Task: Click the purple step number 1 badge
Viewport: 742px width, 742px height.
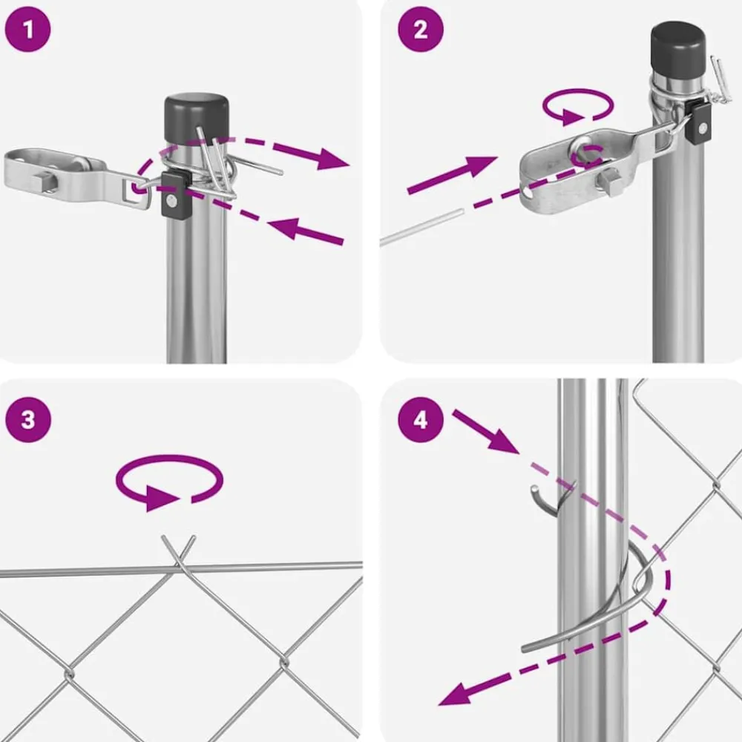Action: (27, 29)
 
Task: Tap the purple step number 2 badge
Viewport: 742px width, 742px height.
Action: (421, 29)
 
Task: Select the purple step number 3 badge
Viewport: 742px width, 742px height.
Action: (27, 420)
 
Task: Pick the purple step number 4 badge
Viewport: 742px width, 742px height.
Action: (421, 420)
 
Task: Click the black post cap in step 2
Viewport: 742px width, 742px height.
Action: (678, 46)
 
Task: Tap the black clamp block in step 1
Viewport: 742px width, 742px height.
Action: (174, 194)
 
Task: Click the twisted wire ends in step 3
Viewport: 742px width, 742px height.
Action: (178, 551)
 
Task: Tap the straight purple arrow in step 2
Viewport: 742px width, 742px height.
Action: (453, 175)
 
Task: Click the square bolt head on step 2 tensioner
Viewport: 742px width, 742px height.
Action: (611, 184)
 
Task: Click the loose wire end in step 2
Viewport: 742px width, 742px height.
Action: (421, 228)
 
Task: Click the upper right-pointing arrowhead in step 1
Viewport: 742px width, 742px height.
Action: (334, 159)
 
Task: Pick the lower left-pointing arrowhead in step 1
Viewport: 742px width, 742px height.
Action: (284, 228)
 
